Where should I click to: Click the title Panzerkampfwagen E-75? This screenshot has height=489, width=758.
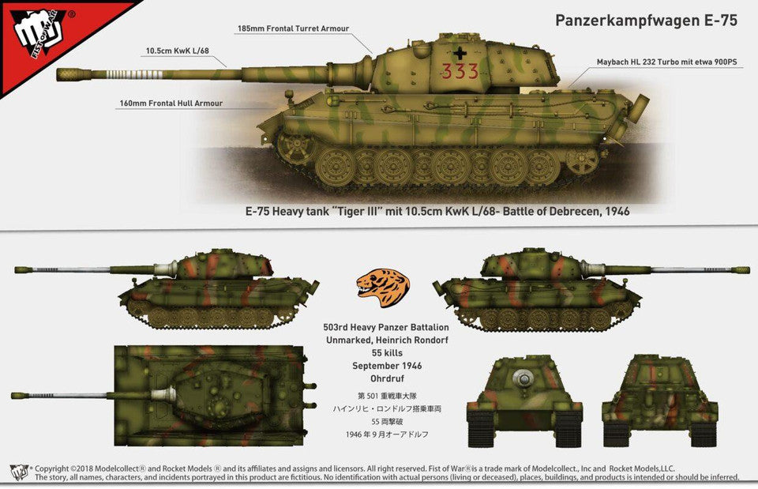646,21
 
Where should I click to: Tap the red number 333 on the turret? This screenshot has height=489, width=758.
460,72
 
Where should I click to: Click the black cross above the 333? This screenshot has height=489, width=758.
460,52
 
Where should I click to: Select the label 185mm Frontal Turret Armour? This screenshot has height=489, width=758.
293,28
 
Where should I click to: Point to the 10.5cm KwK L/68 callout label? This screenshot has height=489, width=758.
178,51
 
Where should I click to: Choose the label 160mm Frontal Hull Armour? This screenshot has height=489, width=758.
171,103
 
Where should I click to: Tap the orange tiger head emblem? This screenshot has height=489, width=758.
382,288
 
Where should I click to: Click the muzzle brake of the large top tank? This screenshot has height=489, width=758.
73,74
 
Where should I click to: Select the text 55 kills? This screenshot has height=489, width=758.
387,353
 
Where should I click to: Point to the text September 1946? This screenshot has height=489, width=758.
387,366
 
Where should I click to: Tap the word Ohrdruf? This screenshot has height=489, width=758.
387,378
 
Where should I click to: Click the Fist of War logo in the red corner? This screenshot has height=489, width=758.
39,33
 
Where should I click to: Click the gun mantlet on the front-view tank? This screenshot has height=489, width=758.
523,379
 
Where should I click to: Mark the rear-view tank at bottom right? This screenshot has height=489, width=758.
660,401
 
